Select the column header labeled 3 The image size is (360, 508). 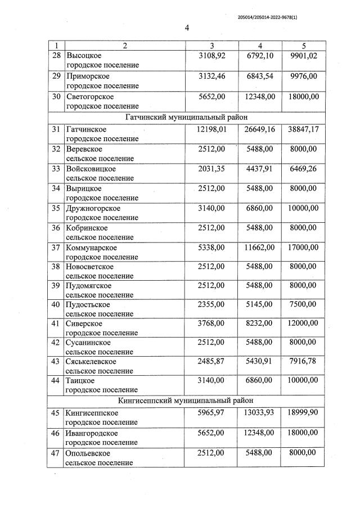(211, 45)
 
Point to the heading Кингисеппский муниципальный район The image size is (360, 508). (186, 401)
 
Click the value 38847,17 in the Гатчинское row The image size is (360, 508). (301, 129)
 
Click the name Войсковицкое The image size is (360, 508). (91, 169)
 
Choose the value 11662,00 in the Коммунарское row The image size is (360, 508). (258, 247)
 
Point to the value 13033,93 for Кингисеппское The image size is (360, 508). (258, 413)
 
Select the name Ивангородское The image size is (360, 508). (92, 433)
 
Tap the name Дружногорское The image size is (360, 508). (93, 208)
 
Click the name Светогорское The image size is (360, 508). (89, 96)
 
